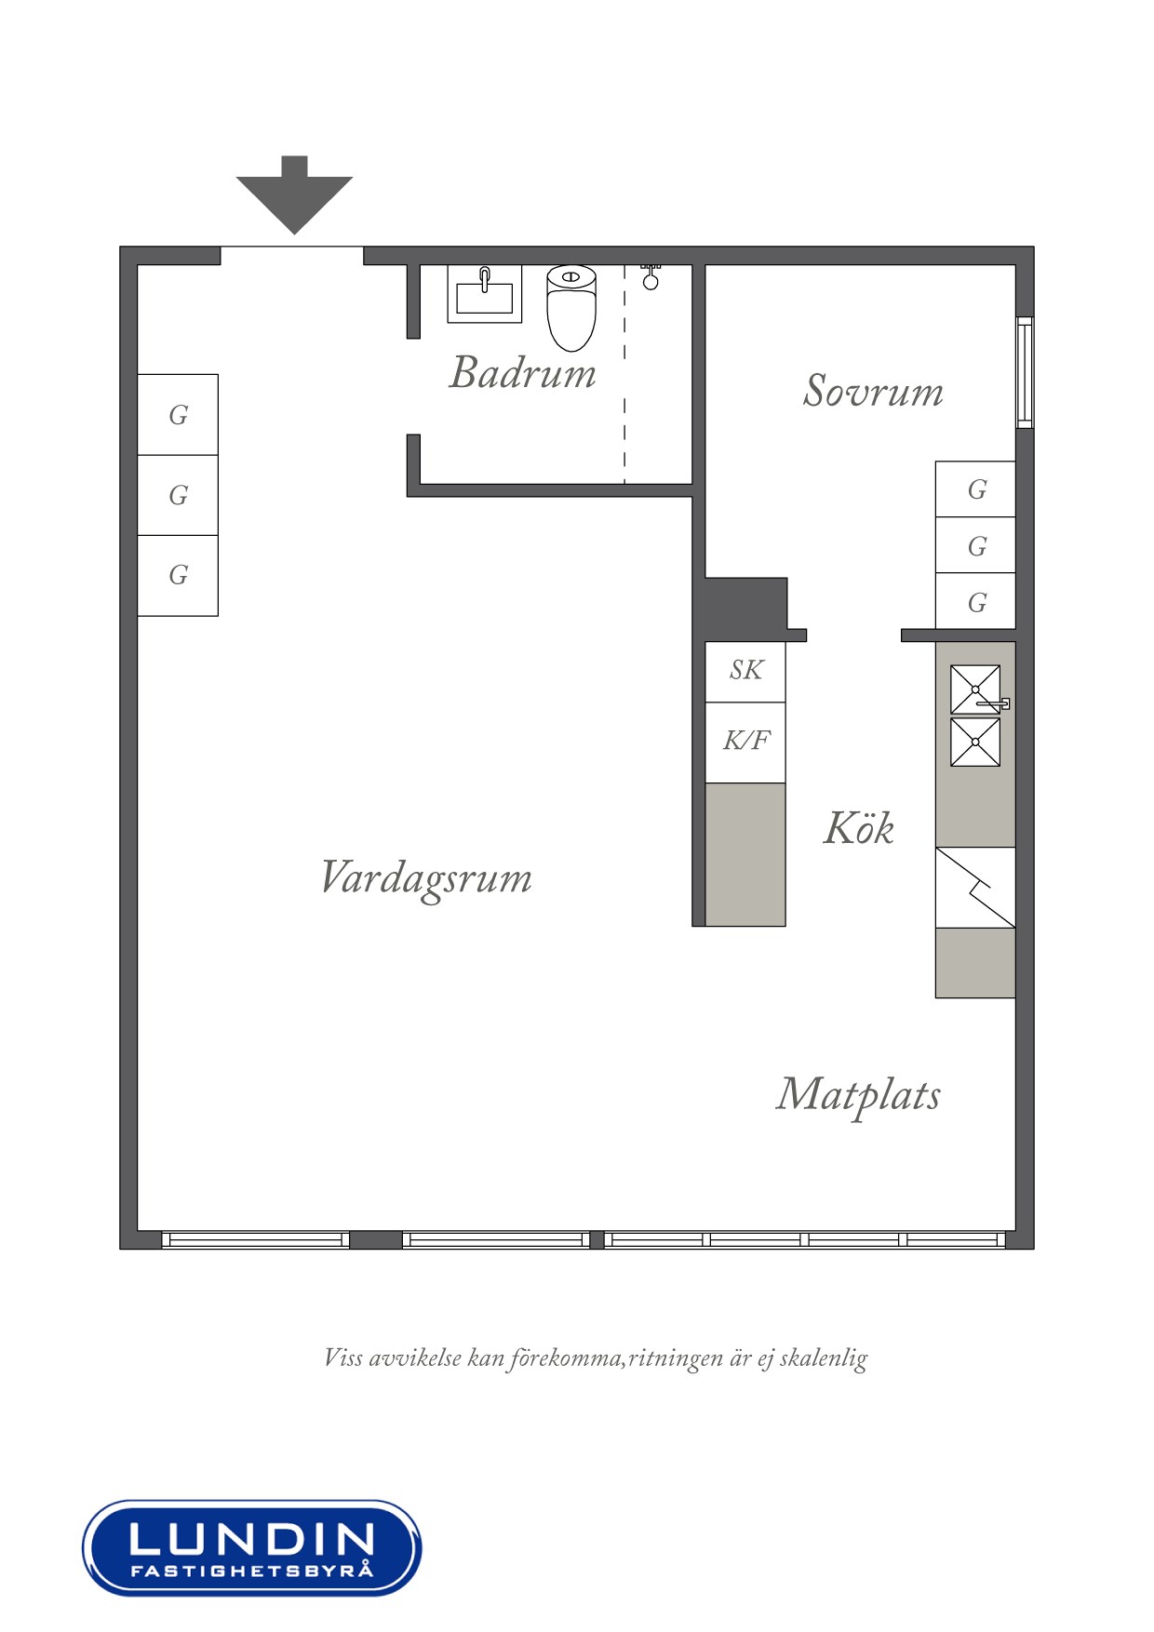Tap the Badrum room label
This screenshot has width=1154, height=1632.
522,373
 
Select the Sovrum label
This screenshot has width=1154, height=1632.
872,391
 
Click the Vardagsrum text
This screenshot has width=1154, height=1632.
425,878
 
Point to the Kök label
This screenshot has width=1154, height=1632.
858,828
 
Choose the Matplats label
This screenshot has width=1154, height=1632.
857,1095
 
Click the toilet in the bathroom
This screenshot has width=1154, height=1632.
570,306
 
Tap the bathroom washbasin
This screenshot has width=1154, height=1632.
484,293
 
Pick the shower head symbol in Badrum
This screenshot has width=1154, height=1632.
651,277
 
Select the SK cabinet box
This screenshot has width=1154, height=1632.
745,671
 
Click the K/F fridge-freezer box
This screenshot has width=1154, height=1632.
745,742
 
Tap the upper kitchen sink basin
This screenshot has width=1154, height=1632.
974,689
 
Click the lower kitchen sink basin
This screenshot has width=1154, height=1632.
974,742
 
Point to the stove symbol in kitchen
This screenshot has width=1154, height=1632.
974,887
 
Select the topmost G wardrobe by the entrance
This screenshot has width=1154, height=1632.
178,415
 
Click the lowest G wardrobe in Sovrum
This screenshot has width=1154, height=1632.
975,602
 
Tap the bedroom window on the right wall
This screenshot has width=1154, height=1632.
1024,372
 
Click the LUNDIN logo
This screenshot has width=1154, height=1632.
251,1547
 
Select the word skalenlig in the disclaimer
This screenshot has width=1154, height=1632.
823,1358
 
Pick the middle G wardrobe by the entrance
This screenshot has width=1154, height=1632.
178,495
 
